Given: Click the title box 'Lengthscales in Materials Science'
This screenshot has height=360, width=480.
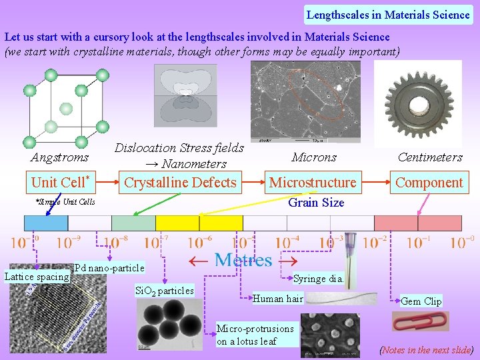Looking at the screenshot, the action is click(388, 14).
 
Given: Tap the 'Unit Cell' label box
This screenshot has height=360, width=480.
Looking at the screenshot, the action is click(60, 182).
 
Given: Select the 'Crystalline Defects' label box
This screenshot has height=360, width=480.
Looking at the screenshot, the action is click(180, 182).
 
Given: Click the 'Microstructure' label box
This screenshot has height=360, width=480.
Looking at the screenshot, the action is click(313, 182).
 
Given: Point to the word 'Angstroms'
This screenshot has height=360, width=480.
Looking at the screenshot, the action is click(59, 158).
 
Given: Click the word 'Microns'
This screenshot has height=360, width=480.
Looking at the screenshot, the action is click(314, 157).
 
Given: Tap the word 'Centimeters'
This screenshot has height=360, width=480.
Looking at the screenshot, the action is click(430, 157).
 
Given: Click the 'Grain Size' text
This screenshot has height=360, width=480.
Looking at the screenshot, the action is click(315, 202).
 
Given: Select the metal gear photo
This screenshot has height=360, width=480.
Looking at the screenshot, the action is click(418, 103).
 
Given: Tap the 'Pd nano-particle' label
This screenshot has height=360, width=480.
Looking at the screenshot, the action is click(109, 268).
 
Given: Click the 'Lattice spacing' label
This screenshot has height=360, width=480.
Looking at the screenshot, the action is click(37, 277).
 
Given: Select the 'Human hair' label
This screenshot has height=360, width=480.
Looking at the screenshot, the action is click(278, 298).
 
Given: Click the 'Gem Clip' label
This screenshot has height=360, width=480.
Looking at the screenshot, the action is click(421, 301).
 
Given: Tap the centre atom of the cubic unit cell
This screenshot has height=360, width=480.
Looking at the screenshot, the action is click(65, 108).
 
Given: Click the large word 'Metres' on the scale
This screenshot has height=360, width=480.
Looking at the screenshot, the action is click(243, 260).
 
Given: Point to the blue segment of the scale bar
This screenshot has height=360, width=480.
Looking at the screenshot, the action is click(45, 223).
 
